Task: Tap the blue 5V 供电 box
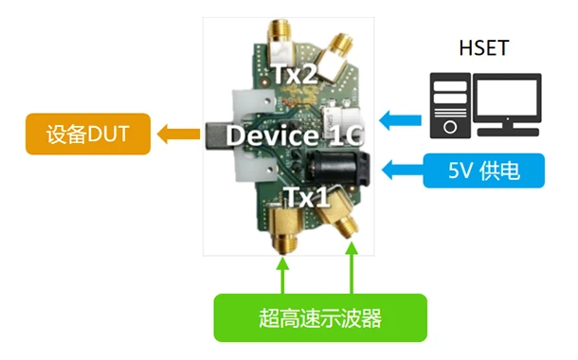coord(484,171)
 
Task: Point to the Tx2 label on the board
coord(296,73)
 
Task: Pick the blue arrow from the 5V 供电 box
coord(398,171)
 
